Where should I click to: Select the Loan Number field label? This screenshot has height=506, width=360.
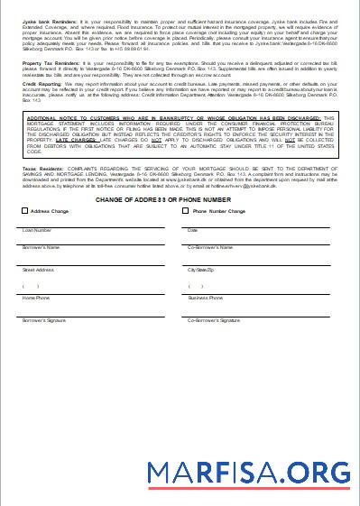click(35, 230)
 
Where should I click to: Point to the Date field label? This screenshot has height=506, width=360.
click(192, 230)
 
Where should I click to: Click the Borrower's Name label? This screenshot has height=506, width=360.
click(41, 246)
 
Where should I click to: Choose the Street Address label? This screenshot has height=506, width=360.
click(39, 269)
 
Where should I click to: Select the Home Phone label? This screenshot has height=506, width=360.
click(36, 297)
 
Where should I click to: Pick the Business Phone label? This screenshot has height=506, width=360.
click(205, 297)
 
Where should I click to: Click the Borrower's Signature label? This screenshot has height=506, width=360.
click(44, 319)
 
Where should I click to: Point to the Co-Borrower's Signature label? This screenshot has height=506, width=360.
click(214, 319)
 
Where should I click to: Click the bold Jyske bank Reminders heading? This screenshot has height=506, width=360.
click(46, 19)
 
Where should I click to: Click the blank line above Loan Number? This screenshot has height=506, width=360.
click(90, 225)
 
